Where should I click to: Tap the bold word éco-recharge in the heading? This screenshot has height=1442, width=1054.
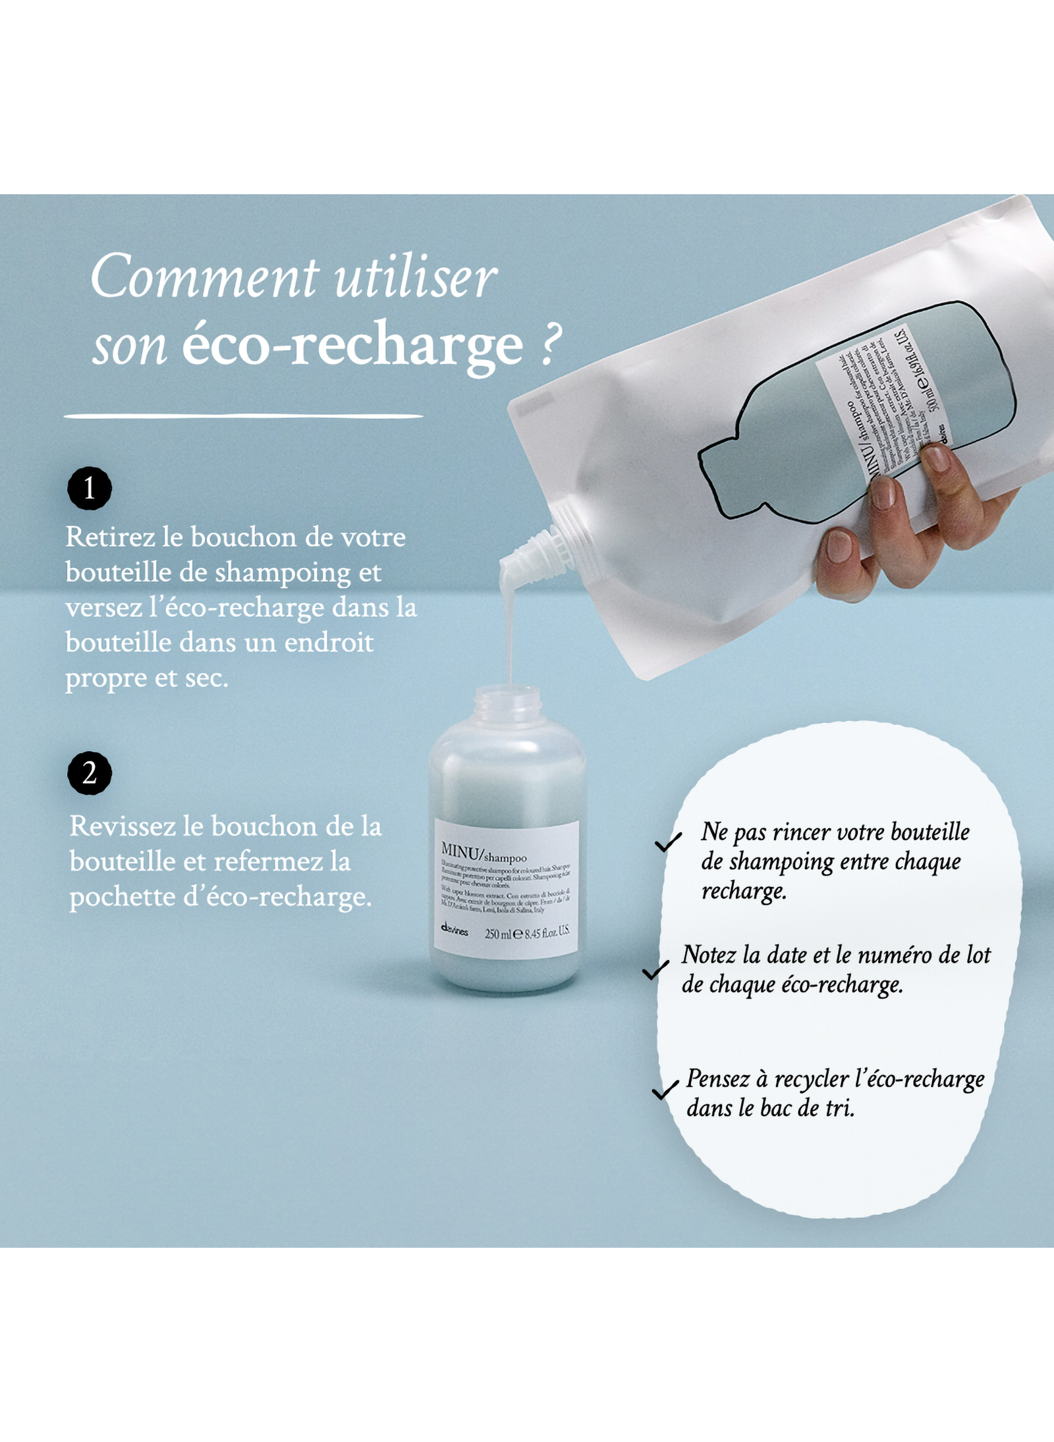point(352,346)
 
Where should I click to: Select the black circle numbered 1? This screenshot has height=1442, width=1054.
point(90,489)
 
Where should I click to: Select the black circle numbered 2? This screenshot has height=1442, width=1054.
point(90,772)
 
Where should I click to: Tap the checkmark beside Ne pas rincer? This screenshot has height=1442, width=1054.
point(668,842)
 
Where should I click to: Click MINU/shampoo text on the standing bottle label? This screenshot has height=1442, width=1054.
point(484,853)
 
